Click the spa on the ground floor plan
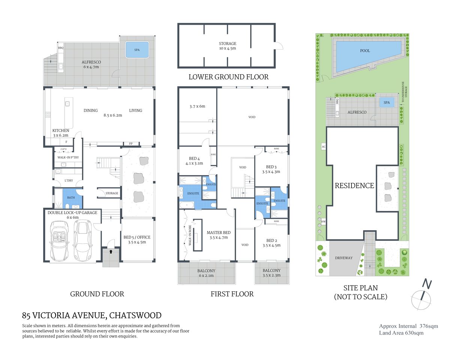coord(137,50)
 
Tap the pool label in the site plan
coord(365,51)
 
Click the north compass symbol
coord(422,296)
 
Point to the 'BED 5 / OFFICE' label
coord(137,240)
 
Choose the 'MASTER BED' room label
coord(219,235)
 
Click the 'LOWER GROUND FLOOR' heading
coord(228,77)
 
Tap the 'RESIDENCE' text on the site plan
coord(354,186)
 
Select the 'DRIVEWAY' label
coord(344,258)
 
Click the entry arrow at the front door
coord(111,252)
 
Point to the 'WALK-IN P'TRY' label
coord(68,157)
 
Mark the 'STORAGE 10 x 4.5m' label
coord(227,46)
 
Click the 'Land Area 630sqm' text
coord(401,333)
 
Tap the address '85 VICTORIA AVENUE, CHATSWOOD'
coord(92,315)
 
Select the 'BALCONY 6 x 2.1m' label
coord(206,273)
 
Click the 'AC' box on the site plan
coord(323,147)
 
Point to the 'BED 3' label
coord(271,167)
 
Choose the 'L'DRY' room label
coord(69,181)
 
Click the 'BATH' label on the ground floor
coord(71,198)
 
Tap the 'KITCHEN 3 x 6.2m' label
coord(61,133)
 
